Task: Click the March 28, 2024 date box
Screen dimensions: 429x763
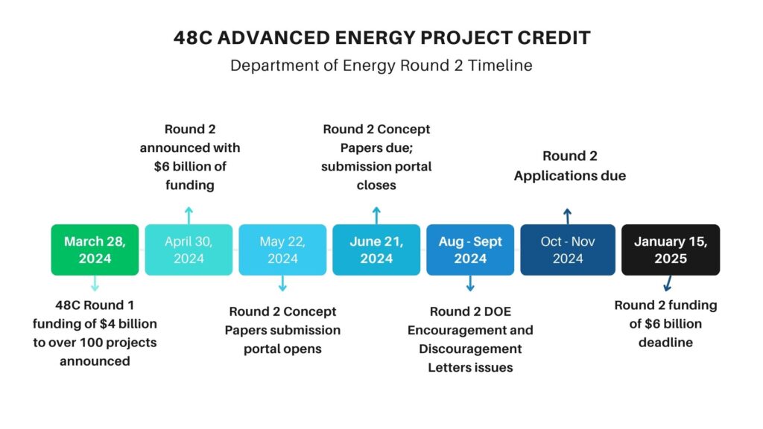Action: point(95,250)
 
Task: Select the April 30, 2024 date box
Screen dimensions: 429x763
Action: point(189,250)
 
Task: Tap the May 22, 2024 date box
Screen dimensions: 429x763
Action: point(282,250)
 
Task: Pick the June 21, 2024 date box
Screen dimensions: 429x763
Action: point(376,250)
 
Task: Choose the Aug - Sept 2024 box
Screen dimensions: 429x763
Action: point(470,250)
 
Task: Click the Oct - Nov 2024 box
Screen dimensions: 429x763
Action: point(567,250)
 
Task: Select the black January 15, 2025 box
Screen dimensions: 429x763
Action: point(671,250)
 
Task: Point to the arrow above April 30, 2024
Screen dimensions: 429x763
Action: point(189,215)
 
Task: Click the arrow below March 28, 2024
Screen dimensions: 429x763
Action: point(95,284)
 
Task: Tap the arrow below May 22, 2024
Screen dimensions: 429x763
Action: point(282,284)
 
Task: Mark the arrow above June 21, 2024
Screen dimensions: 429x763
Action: point(376,215)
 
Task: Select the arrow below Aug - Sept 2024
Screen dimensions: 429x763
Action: point(470,284)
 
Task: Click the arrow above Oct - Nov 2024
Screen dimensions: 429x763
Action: point(567,216)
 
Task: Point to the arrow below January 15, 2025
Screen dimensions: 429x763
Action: point(668,283)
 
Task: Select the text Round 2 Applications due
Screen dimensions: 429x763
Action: point(569,166)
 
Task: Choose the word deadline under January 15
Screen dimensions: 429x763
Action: point(665,343)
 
